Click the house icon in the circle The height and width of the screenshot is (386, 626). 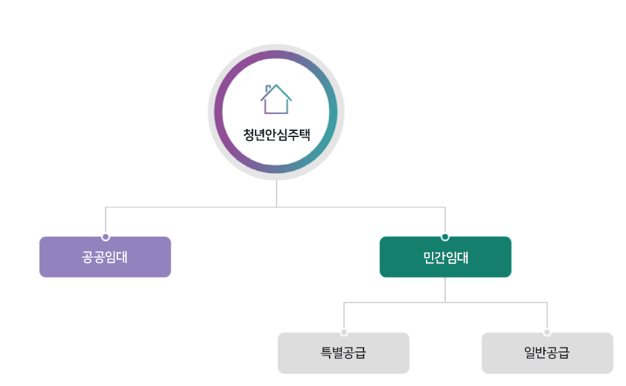[x=276, y=99]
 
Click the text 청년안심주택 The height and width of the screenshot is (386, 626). [x=276, y=134]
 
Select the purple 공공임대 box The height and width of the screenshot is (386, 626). [x=105, y=257]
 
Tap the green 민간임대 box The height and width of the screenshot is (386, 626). [x=445, y=257]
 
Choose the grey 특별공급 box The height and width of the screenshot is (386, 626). [x=343, y=353]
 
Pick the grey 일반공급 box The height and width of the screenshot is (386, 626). [x=547, y=353]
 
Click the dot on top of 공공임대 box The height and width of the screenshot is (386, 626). [x=105, y=237]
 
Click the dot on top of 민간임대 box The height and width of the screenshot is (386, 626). [x=445, y=237]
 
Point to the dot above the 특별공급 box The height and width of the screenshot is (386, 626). [x=344, y=332]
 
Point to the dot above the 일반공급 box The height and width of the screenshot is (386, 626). [x=547, y=332]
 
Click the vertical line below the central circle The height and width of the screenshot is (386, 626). [x=276, y=193]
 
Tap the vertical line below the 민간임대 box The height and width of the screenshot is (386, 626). [x=445, y=290]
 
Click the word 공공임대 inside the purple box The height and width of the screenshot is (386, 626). [x=105, y=257]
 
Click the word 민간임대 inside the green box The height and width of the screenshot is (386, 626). [x=445, y=257]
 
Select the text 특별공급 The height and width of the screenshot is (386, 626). [x=343, y=353]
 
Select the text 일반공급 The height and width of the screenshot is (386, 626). [x=547, y=353]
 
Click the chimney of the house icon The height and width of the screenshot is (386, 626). [x=269, y=88]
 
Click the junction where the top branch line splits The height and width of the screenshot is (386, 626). [x=276, y=206]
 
